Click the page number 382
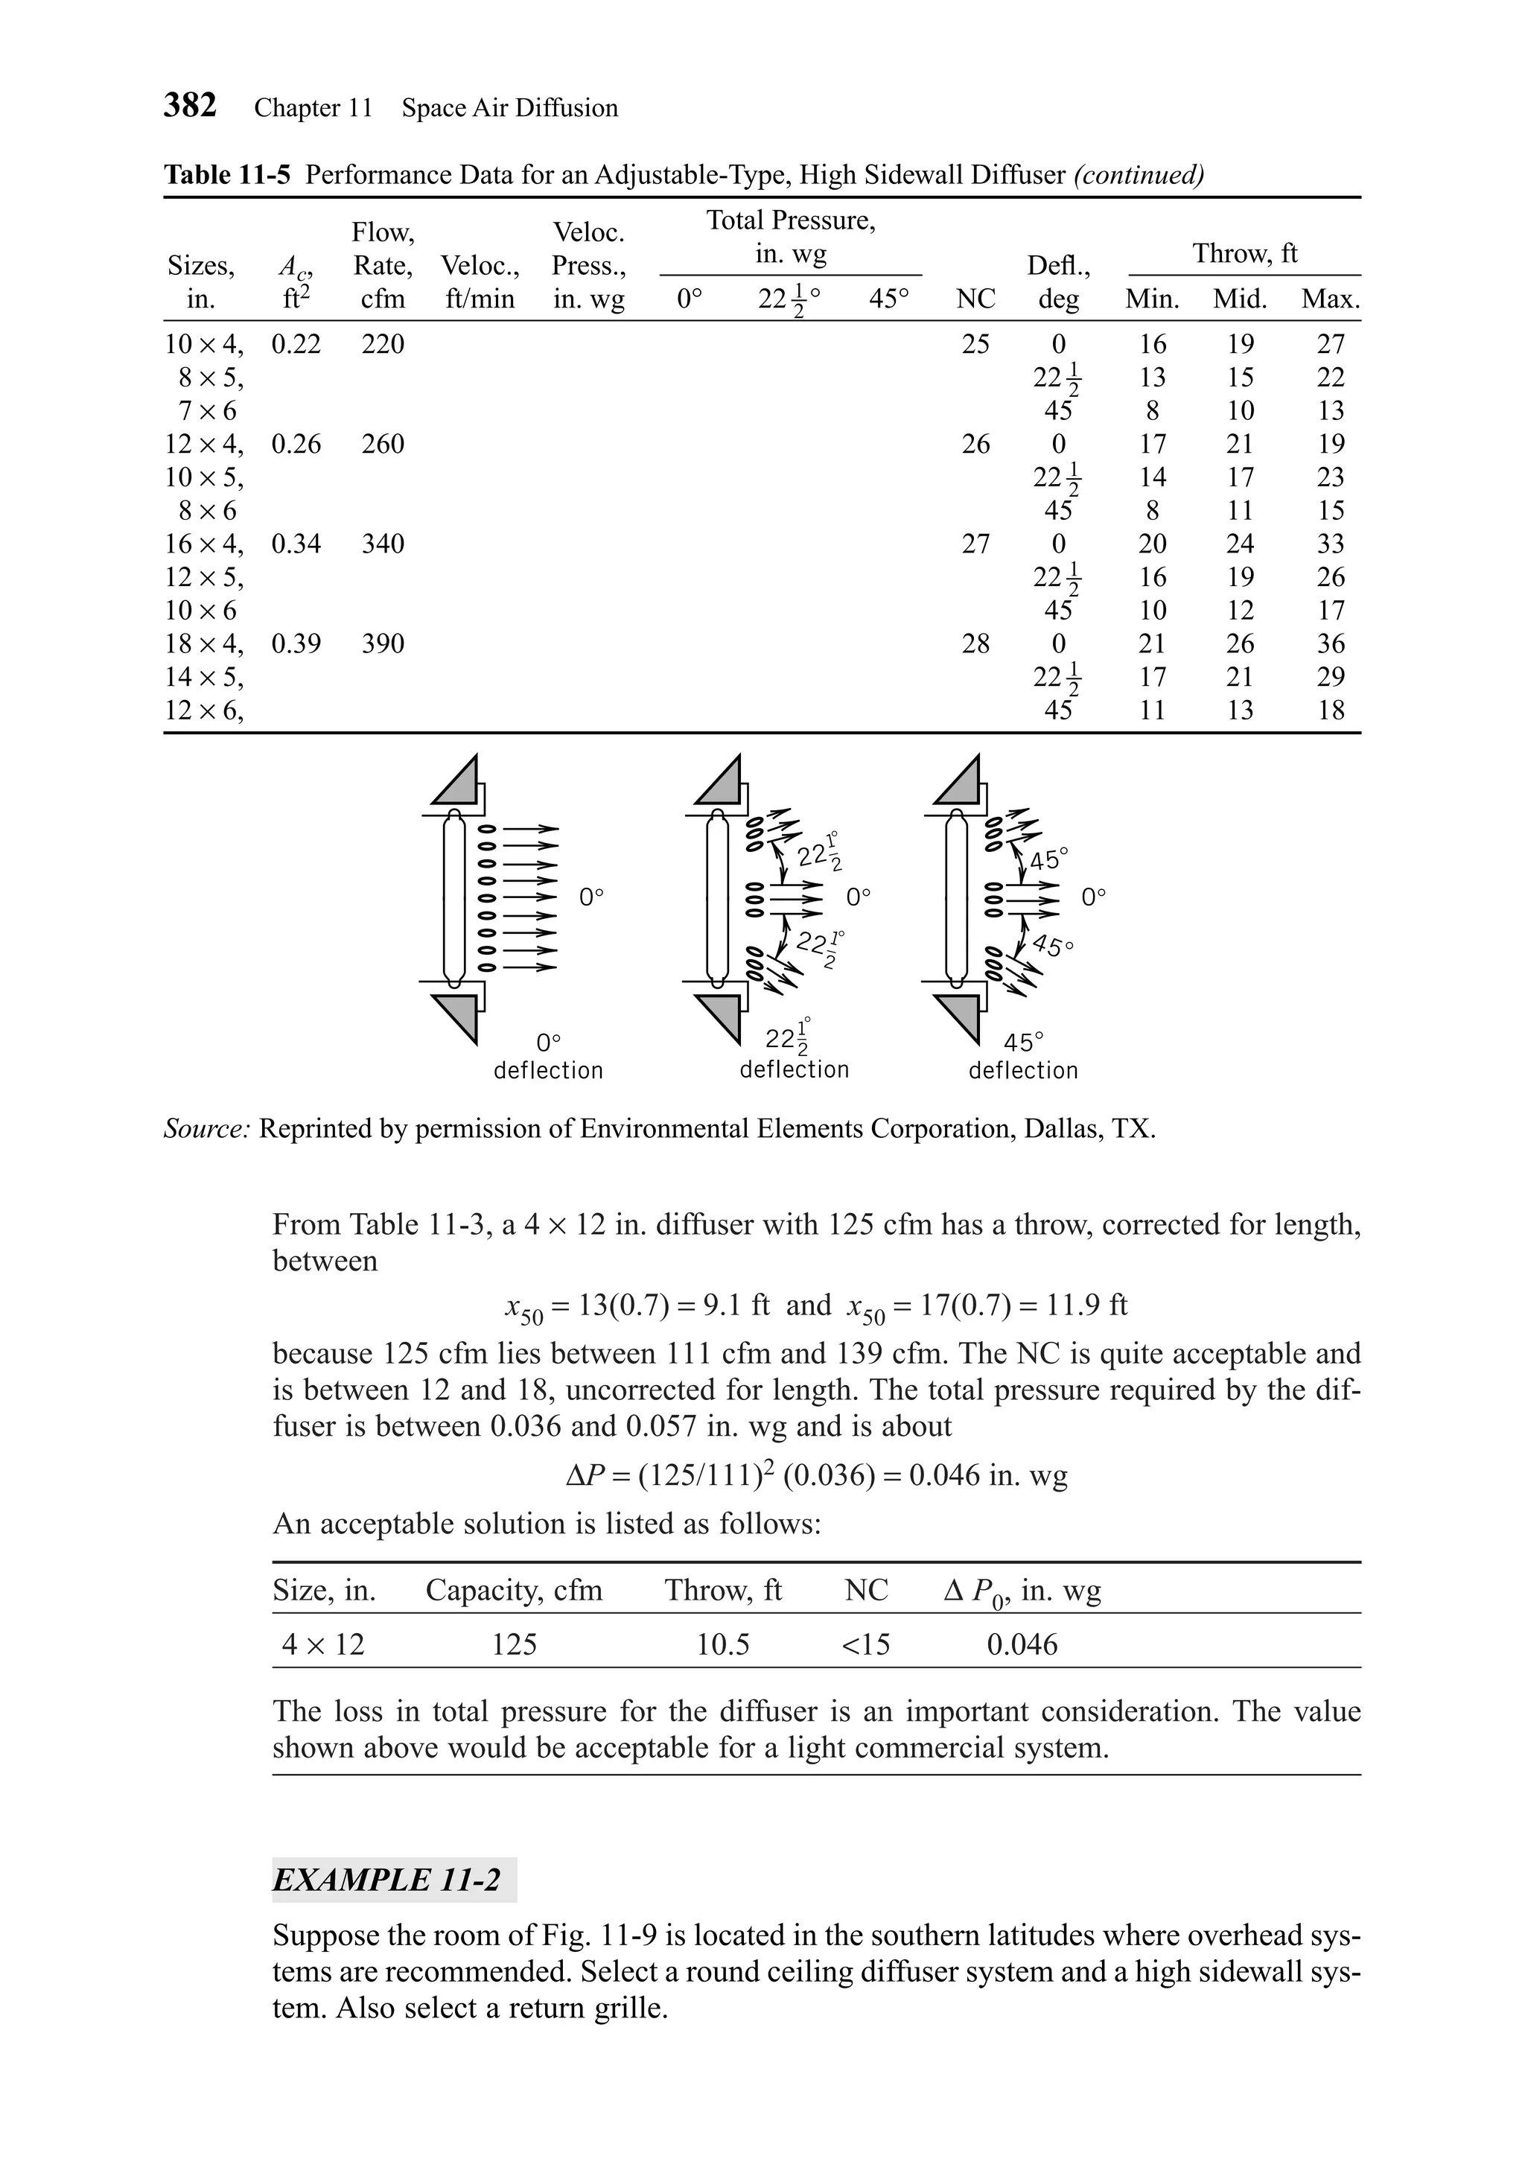[190, 105]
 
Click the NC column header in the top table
[975, 299]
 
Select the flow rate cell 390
[383, 643]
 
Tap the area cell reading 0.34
[296, 544]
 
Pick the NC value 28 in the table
[975, 643]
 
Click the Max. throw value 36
[1331, 643]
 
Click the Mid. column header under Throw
[1239, 299]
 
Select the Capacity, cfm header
[513, 1590]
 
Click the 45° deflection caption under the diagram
[1023, 1056]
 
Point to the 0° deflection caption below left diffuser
[549, 1056]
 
